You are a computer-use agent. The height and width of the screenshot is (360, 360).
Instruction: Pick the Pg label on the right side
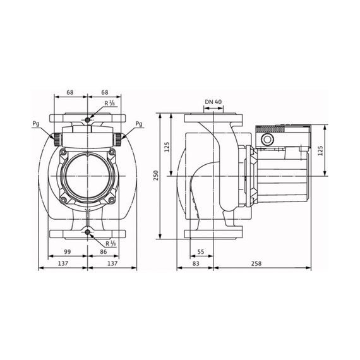[x=138, y=124]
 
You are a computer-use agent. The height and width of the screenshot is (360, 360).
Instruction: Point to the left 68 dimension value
[x=70, y=92]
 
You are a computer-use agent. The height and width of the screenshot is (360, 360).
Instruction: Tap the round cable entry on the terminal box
[x=267, y=140]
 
